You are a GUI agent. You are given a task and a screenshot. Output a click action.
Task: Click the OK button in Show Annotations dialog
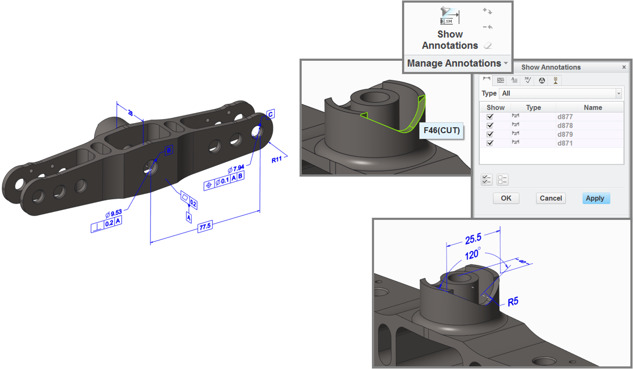point(506,198)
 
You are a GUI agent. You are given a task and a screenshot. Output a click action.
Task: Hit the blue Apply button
point(594,198)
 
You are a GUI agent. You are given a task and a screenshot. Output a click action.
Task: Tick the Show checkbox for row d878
point(490,125)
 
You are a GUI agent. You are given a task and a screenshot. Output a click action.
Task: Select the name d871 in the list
point(565,143)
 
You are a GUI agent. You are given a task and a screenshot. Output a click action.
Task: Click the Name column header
point(592,107)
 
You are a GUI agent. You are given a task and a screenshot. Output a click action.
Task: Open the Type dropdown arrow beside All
point(618,94)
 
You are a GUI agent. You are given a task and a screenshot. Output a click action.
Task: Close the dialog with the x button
point(624,67)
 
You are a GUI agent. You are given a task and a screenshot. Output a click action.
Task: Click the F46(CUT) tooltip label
point(441,130)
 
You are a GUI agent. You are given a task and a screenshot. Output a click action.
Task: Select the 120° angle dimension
point(472,255)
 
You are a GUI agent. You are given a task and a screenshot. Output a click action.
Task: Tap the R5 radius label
point(513,302)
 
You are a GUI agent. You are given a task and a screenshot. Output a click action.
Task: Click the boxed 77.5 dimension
point(205,227)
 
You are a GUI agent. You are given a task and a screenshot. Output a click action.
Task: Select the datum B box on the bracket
point(169,151)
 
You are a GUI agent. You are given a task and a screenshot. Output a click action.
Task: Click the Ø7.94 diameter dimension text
point(236,169)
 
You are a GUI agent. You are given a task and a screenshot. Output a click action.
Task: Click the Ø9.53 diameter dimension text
point(114,213)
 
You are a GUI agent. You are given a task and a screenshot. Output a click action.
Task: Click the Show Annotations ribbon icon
point(449,16)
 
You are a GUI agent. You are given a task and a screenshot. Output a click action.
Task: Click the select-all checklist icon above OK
point(487,180)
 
